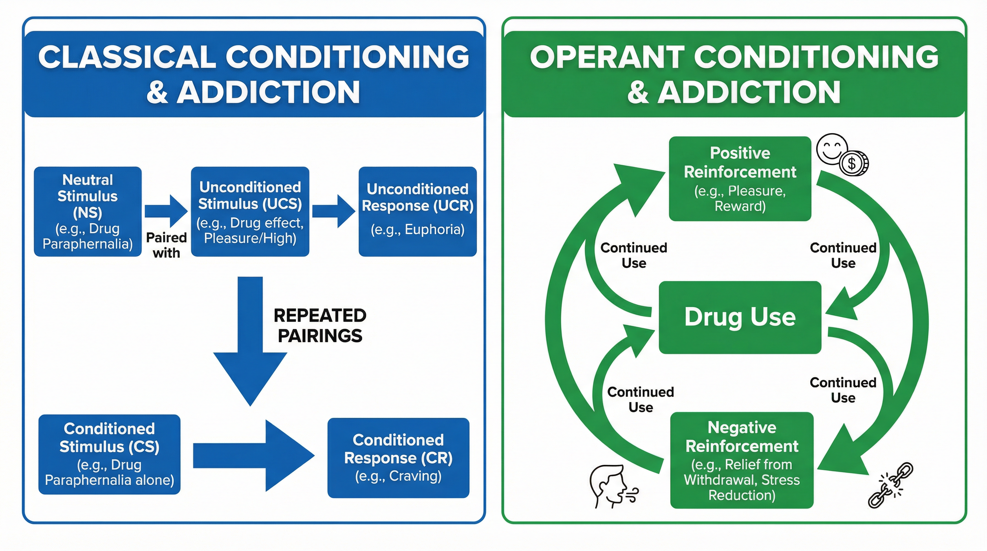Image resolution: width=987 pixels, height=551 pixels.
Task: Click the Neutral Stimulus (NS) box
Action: pyautogui.click(x=88, y=211)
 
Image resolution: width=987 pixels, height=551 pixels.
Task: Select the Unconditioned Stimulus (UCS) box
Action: pyautogui.click(x=250, y=211)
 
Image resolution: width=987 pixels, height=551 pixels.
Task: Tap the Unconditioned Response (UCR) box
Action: pyautogui.click(x=417, y=211)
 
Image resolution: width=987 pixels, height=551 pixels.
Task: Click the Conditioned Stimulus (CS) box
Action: pyautogui.click(x=109, y=454)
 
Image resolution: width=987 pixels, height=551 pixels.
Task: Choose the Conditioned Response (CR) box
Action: pyautogui.click(x=398, y=457)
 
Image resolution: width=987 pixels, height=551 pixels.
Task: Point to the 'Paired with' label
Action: pyautogui.click(x=166, y=245)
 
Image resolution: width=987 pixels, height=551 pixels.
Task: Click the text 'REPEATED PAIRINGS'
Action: pyautogui.click(x=320, y=326)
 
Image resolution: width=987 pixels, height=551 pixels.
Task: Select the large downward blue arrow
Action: pyautogui.click(x=250, y=345)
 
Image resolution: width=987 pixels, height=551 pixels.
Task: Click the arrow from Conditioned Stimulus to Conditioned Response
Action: pyautogui.click(x=253, y=456)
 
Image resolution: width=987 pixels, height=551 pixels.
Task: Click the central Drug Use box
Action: pyautogui.click(x=740, y=317)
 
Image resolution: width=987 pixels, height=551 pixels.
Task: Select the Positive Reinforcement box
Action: pyautogui.click(x=740, y=179)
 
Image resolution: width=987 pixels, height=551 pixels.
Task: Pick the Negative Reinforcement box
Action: pyautogui.click(x=742, y=460)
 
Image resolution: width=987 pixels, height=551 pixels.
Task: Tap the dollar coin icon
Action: pyautogui.click(x=854, y=164)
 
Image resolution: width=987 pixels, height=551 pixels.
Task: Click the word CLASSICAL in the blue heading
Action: pyautogui.click(x=127, y=57)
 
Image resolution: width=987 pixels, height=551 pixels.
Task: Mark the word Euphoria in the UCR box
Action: pyautogui.click(x=434, y=230)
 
